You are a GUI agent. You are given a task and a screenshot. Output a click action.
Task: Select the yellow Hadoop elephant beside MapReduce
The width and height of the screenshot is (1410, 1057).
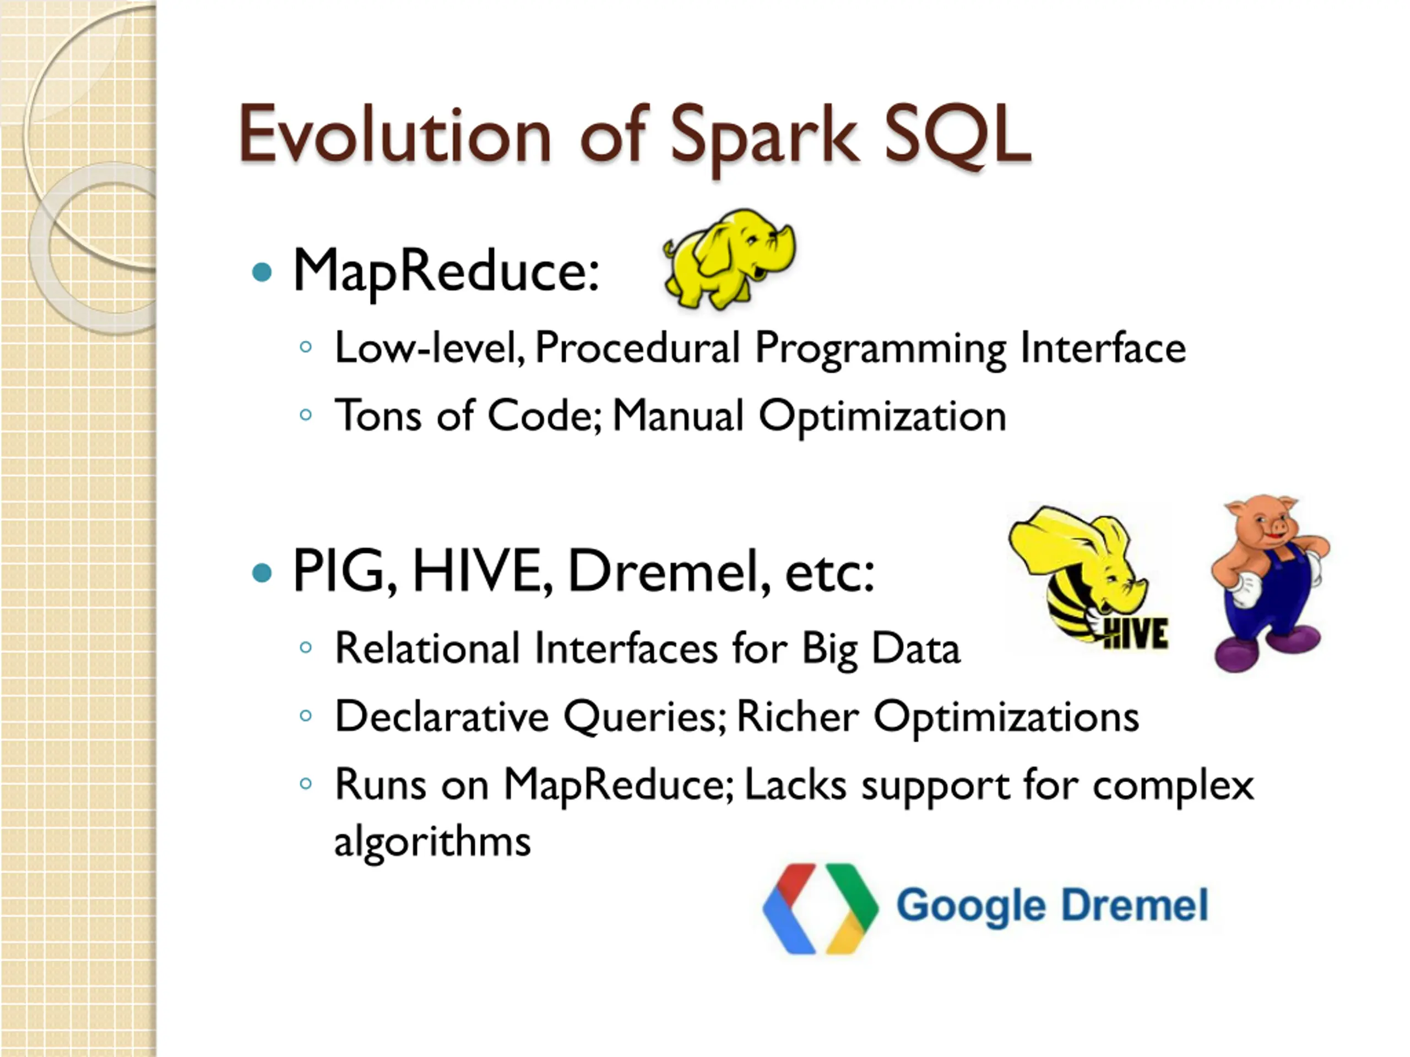click(729, 259)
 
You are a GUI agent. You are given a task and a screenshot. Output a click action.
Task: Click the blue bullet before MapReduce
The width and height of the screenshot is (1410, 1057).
click(262, 273)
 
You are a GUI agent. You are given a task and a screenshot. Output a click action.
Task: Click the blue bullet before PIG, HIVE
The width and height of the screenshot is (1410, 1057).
click(262, 572)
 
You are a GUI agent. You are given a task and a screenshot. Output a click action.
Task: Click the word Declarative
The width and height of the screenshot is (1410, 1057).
click(442, 716)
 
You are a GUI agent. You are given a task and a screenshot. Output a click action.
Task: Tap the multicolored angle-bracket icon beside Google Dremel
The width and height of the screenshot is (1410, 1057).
click(820, 908)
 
